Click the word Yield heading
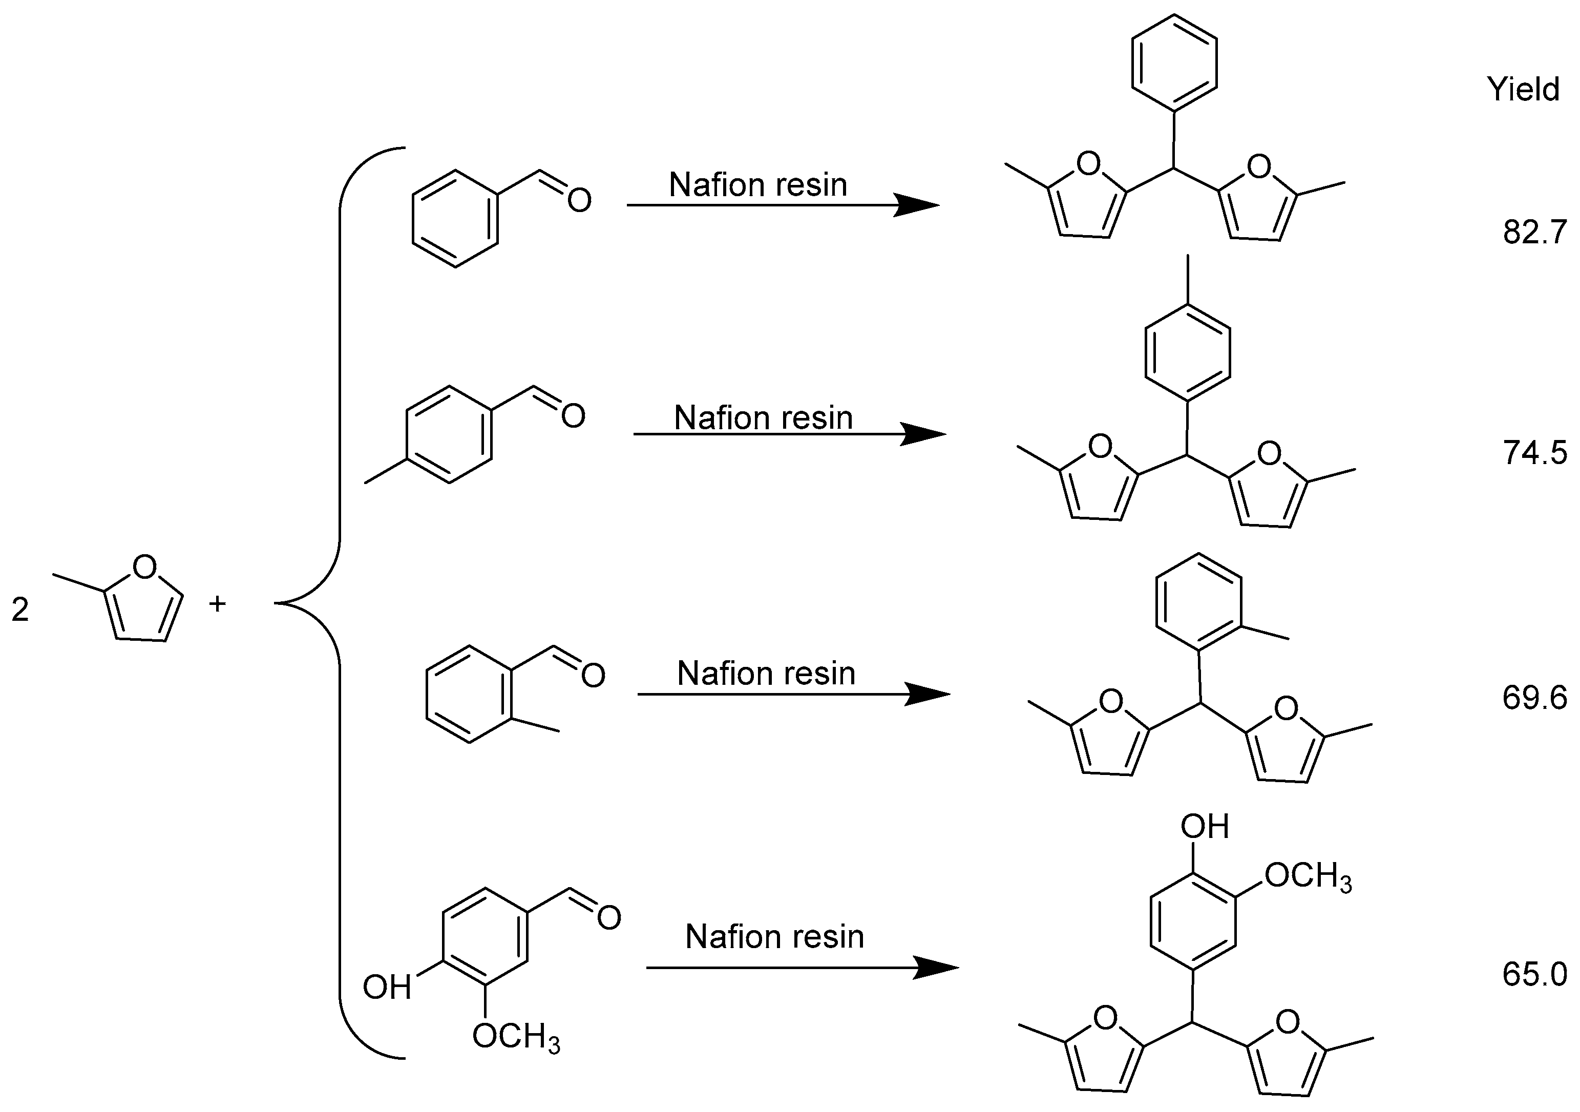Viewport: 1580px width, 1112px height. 1522,90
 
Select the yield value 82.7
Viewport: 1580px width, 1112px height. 1534,233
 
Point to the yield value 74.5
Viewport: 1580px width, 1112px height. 1534,453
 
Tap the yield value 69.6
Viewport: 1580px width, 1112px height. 1534,699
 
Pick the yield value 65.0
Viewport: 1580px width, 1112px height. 1534,975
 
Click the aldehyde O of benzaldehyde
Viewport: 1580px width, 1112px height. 579,201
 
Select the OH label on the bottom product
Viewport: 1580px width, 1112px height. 1204,826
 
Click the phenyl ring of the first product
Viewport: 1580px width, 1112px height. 1175,62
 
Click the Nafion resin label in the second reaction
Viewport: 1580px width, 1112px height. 763,417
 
